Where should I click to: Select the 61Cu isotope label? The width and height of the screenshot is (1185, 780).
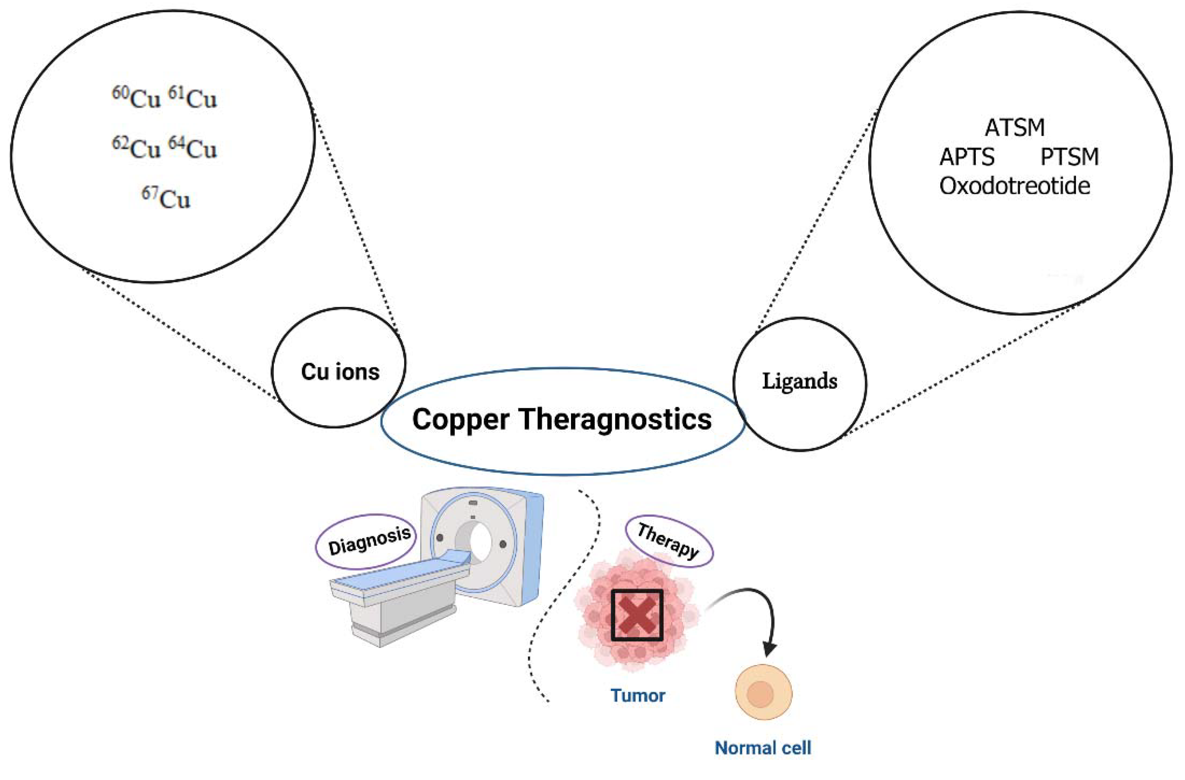pos(193,98)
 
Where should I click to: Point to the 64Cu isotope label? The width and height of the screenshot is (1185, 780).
pos(193,148)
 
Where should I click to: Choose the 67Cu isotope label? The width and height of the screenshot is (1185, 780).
pos(166,198)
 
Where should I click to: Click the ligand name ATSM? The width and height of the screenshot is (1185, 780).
pos(1014,128)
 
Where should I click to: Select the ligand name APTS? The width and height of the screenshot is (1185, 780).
pos(966,157)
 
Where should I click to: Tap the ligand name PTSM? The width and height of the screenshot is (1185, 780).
pos(1069,157)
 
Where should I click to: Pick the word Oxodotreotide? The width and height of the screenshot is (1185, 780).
pos(1014,186)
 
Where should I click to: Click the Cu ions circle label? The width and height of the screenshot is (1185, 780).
pos(340,372)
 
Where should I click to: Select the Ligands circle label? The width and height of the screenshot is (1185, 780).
pos(799,381)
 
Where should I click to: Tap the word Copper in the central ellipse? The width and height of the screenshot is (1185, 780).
pos(461,420)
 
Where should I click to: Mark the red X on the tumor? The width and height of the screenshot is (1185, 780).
pos(637,615)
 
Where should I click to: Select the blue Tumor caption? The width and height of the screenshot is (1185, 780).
pos(638,696)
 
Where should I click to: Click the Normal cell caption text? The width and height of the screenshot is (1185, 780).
pos(763,748)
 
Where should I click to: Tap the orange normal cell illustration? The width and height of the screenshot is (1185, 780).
pos(763,692)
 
